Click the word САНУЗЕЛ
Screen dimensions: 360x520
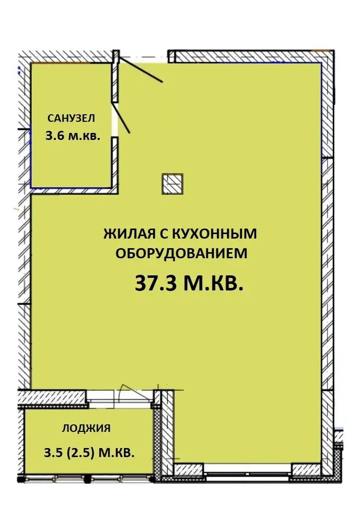point(71,118)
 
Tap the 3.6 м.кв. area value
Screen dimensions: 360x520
point(73,136)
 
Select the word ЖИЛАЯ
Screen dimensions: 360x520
point(130,234)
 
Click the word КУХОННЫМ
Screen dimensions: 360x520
point(214,234)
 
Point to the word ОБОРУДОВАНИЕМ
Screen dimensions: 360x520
point(181,253)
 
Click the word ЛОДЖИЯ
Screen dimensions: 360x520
point(86,428)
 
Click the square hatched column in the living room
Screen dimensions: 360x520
point(173,184)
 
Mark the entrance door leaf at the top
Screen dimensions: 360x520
point(140,69)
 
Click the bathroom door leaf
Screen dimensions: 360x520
point(121,118)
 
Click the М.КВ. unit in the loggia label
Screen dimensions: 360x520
point(117,453)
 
